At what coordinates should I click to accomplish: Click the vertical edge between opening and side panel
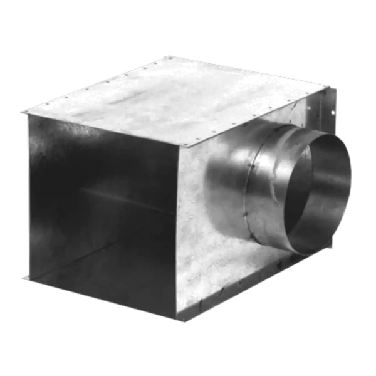183,232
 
